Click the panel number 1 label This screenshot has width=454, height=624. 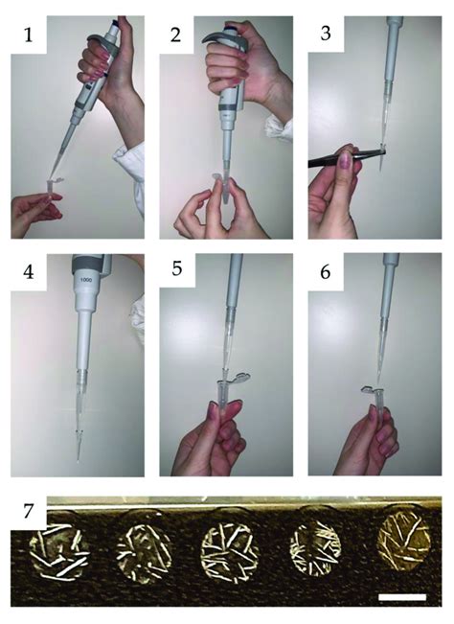pyautogui.click(x=28, y=35)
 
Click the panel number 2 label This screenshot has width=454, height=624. pyautogui.click(x=175, y=35)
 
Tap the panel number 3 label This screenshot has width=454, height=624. pyautogui.click(x=326, y=34)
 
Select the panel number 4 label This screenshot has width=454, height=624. pyautogui.click(x=28, y=272)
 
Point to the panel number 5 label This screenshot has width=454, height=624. pyautogui.click(x=177, y=269)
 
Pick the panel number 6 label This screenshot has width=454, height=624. pyautogui.click(x=326, y=272)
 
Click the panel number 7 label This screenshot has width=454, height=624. pyautogui.click(x=28, y=511)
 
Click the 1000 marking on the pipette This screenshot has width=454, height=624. pyautogui.click(x=86, y=280)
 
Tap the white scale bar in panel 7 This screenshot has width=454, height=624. pyautogui.click(x=402, y=597)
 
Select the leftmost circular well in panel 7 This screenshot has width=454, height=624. pyautogui.click(x=59, y=549)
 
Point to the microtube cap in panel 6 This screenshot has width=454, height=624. pyautogui.click(x=367, y=390)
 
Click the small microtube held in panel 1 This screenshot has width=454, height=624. pyautogui.click(x=52, y=188)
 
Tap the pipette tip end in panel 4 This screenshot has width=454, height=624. pyautogui.click(x=78, y=462)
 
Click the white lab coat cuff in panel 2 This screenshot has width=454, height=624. pyautogui.click(x=279, y=127)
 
